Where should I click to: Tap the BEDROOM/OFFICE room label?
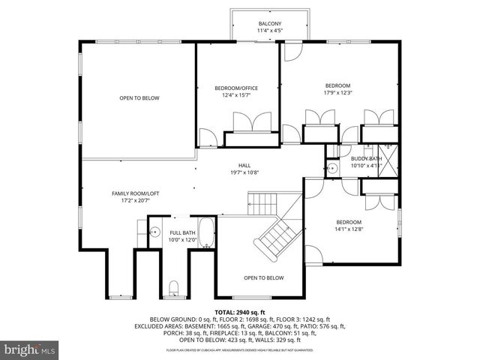click(x=238, y=88)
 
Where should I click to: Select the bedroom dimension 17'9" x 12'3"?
click(x=337, y=93)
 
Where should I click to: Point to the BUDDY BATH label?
click(x=366, y=158)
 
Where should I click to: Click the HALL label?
click(x=244, y=165)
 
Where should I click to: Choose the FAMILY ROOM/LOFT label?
click(x=135, y=193)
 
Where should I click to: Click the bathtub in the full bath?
click(x=208, y=233)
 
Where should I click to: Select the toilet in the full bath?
click(x=174, y=286)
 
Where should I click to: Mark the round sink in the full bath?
click(x=154, y=232)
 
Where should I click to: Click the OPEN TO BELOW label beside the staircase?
click(x=263, y=277)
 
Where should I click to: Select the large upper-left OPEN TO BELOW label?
click(x=139, y=98)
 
